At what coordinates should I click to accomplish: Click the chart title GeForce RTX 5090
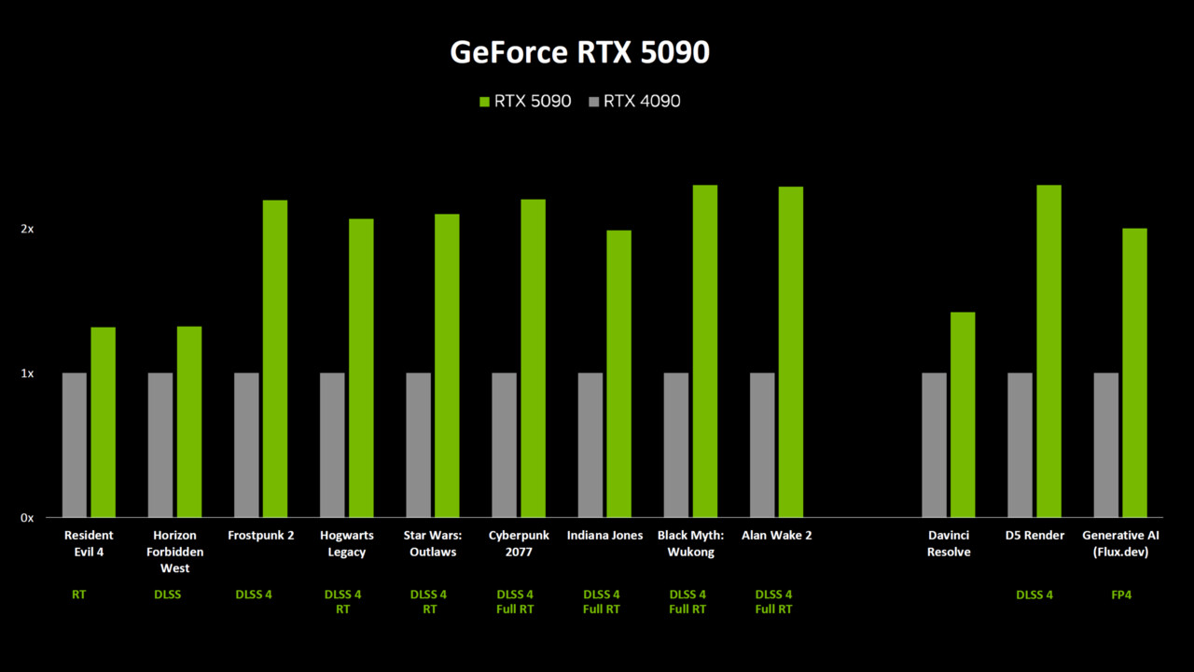pyautogui.click(x=579, y=52)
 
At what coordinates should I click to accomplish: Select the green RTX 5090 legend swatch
pyautogui.click(x=484, y=101)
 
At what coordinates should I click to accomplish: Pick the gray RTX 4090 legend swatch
pyautogui.click(x=593, y=101)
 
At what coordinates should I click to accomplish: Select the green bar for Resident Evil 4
pyautogui.click(x=103, y=422)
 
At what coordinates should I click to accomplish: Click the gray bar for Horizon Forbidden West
pyautogui.click(x=160, y=445)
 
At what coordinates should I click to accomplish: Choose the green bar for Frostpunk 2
pyautogui.click(x=275, y=358)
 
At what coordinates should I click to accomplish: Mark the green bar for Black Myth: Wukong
pyautogui.click(x=705, y=351)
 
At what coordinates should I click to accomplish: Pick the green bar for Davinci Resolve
pyautogui.click(x=963, y=414)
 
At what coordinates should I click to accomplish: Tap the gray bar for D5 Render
pyautogui.click(x=1020, y=445)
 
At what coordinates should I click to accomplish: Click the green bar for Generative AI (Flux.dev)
pyautogui.click(x=1134, y=372)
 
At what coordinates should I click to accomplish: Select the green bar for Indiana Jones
pyautogui.click(x=618, y=373)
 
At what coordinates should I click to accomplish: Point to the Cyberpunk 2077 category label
pyautogui.click(x=519, y=543)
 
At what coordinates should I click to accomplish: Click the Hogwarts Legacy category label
pyautogui.click(x=346, y=543)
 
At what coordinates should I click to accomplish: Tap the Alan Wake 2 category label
pyautogui.click(x=776, y=536)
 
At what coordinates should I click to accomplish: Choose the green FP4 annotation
pyautogui.click(x=1121, y=595)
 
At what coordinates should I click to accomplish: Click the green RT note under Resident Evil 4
pyautogui.click(x=78, y=595)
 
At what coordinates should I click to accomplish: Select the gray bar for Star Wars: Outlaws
pyautogui.click(x=419, y=445)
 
